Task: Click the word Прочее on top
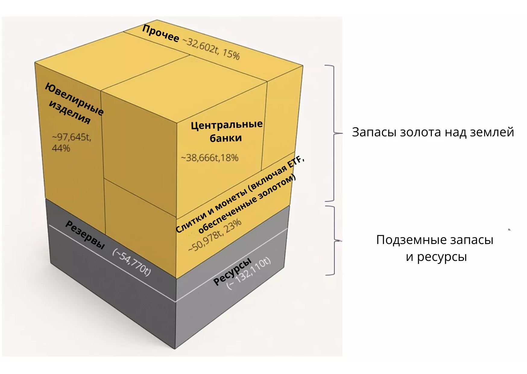160,33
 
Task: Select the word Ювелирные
74,99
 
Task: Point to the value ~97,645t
72,137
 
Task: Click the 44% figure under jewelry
61,148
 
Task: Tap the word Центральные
227,125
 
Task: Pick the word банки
226,138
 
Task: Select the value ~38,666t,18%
210,158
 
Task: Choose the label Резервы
85,235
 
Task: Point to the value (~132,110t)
249,273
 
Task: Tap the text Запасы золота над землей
433,132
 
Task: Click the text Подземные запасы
435,240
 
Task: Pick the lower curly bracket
335,241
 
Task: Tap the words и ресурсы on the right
436,257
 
